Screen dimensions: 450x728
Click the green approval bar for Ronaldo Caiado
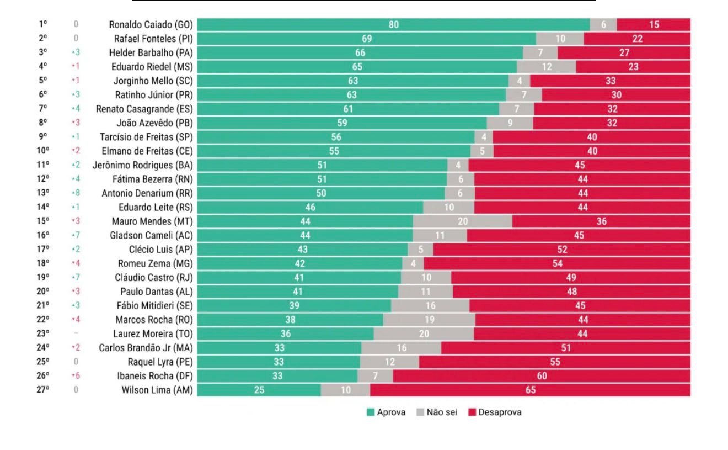(393, 24)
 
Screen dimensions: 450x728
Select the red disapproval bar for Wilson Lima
(530, 390)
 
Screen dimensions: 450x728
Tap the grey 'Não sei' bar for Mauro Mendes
(462, 221)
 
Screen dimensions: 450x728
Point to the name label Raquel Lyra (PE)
(160, 362)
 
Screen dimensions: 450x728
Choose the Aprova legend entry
(386, 412)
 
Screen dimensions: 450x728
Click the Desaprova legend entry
(494, 412)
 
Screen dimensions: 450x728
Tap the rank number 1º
(43, 24)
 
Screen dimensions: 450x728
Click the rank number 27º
(43, 390)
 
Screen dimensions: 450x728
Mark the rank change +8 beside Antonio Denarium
(76, 193)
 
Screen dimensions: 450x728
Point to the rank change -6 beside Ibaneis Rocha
(76, 376)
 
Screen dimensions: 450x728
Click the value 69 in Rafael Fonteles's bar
(366, 39)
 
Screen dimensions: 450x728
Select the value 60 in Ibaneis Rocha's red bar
(542, 376)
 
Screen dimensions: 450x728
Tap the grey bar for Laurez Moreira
(424, 333)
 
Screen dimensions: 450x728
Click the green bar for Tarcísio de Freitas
(336, 137)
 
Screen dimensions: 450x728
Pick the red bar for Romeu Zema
(557, 263)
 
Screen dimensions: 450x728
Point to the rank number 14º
(43, 207)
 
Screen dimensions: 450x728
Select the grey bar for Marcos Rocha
(429, 320)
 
